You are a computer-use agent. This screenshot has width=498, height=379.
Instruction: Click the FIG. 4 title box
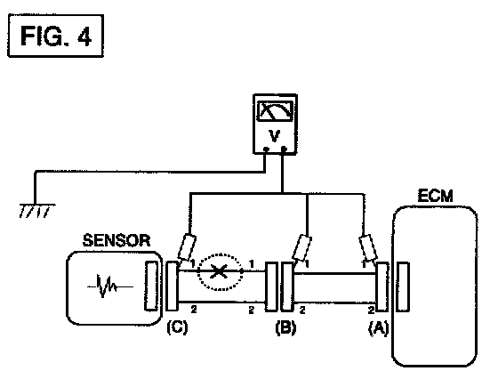click(x=55, y=36)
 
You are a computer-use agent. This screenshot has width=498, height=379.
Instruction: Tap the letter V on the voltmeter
click(x=275, y=136)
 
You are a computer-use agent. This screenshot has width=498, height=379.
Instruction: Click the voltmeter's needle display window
click(x=275, y=111)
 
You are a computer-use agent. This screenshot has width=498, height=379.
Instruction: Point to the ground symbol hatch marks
click(x=36, y=211)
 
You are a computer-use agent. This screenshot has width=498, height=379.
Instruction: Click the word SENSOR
click(x=116, y=240)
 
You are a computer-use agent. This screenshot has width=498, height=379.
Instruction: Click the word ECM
click(x=435, y=196)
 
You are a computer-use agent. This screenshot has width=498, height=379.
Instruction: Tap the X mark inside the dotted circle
click(x=219, y=271)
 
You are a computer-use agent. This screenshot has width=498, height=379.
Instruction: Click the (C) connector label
click(x=177, y=327)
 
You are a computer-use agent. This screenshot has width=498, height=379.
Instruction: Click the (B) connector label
click(x=285, y=327)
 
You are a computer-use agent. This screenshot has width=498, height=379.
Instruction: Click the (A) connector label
click(x=378, y=328)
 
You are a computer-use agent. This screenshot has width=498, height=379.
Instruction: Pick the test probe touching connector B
click(x=301, y=248)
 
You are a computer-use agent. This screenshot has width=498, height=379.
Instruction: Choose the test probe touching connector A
click(x=368, y=248)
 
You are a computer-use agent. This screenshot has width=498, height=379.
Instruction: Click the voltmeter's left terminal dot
click(x=266, y=149)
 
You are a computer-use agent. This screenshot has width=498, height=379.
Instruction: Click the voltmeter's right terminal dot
click(x=284, y=149)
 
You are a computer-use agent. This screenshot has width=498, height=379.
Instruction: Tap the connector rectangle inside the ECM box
click(x=403, y=286)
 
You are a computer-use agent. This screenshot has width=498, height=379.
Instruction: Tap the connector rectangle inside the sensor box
click(x=151, y=286)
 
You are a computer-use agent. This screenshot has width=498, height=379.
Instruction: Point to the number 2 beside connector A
click(x=371, y=310)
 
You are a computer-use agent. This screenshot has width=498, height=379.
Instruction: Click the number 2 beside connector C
click(x=194, y=309)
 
